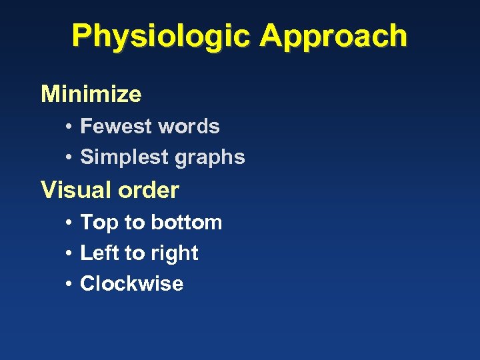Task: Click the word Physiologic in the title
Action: [161, 36]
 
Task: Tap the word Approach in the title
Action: [333, 36]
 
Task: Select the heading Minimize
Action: [91, 94]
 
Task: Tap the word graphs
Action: [209, 158]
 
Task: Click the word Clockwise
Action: [131, 283]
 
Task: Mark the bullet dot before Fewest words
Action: [69, 127]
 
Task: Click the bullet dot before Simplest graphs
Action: [69, 157]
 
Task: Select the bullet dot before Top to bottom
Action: [69, 223]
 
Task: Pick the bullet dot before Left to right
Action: [69, 253]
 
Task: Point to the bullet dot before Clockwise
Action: [69, 284]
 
